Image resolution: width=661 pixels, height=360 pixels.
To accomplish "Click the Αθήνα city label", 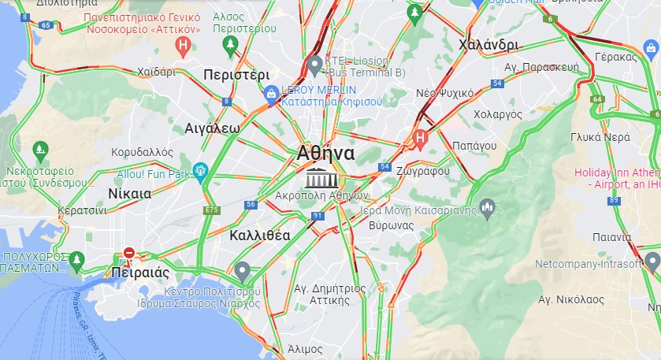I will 326,153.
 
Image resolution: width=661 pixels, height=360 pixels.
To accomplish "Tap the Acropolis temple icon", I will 320,177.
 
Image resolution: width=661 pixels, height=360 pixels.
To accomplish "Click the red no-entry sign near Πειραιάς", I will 129,254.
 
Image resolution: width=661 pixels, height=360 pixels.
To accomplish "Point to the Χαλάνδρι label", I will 488,45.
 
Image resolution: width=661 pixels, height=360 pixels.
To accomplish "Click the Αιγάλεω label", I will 212,128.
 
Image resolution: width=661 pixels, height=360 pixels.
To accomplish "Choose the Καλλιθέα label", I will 260,235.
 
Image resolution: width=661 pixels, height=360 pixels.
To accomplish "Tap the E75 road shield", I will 211,210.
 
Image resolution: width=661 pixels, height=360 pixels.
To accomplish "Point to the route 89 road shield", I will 614,201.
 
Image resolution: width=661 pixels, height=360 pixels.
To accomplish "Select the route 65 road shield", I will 45,25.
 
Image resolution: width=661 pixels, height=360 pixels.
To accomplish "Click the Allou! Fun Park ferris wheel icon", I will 201,170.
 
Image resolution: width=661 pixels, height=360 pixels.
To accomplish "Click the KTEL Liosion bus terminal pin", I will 314,63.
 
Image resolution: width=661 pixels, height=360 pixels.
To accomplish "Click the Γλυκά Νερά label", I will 600,136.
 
